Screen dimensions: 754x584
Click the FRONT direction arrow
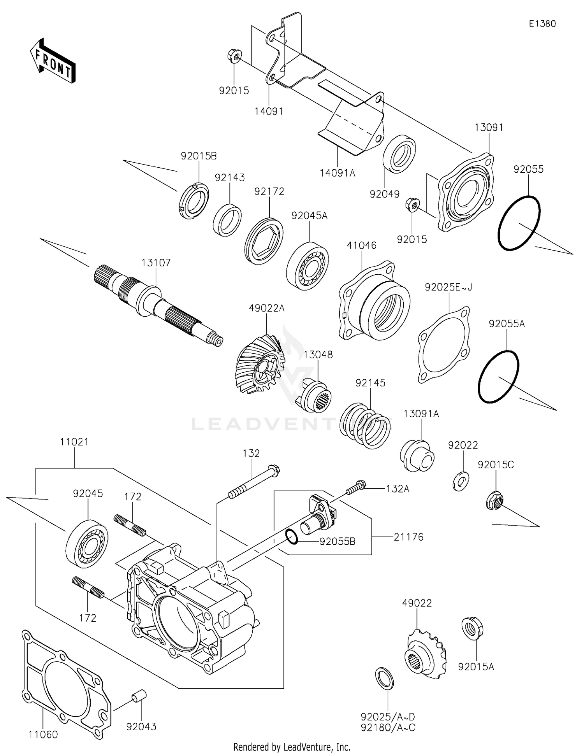(x=53, y=61)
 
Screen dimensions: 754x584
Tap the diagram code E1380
(x=542, y=24)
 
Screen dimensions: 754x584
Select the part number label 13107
(x=156, y=263)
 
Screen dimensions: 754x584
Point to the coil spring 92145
(x=365, y=426)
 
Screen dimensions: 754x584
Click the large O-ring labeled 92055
(x=519, y=223)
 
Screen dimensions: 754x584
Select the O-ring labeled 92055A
(x=498, y=376)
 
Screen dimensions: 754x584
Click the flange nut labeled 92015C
(x=494, y=500)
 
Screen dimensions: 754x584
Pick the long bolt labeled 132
(x=253, y=482)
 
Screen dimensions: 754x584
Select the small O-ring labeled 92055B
(x=292, y=537)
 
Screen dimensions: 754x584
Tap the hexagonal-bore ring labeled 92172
(x=264, y=241)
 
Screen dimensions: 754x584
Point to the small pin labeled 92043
(x=138, y=696)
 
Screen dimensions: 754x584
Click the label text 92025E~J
(x=449, y=287)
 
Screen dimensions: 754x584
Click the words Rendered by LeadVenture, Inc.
(x=292, y=747)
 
